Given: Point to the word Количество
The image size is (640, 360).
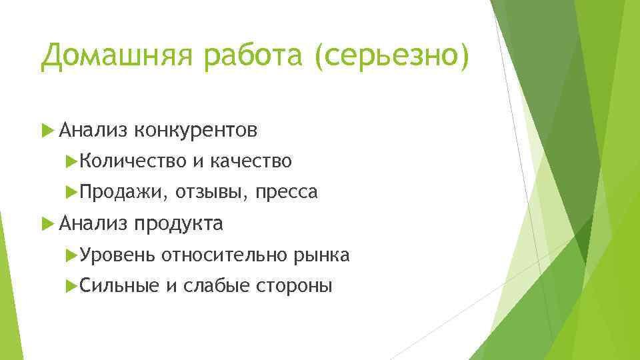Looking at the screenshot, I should pyautogui.click(x=132, y=161).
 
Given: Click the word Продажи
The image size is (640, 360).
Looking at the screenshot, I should pyautogui.click(x=124, y=192).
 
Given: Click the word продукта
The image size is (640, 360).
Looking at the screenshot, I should pyautogui.click(x=179, y=223).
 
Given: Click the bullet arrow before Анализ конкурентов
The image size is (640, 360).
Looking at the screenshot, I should pyautogui.click(x=46, y=130).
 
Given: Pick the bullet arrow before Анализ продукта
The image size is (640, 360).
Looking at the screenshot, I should pyautogui.click(x=46, y=223).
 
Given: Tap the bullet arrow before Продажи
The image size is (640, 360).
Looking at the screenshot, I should pyautogui.click(x=73, y=192).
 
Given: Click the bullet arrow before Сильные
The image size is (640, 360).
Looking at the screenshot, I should pyautogui.click(x=73, y=285).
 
